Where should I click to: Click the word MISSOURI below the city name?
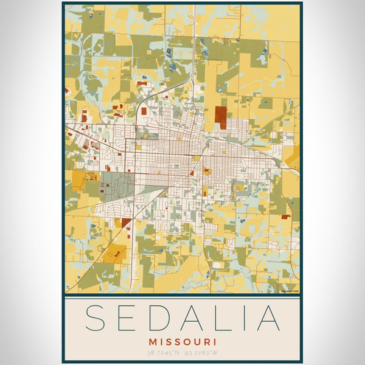(182, 342)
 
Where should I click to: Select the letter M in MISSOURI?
(153, 342)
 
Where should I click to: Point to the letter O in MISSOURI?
(185, 342)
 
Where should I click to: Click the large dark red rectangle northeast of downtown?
(222, 117)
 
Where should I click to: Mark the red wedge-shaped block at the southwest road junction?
(127, 222)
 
